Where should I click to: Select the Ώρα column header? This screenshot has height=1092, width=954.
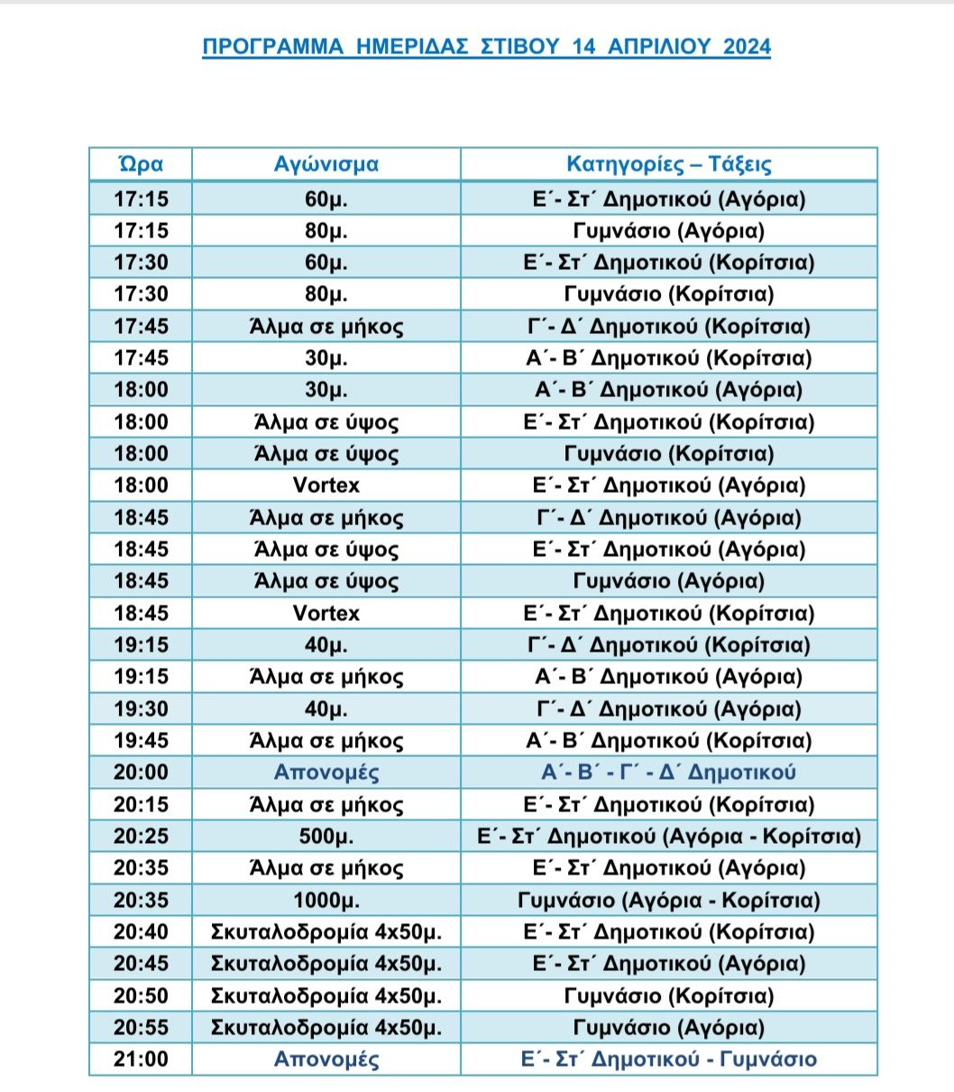141,164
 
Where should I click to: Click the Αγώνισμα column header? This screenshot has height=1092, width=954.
326,164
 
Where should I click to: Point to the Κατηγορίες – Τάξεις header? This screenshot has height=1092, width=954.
668,164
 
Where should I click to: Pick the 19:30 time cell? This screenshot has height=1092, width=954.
141,709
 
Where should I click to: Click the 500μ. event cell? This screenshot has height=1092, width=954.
326,837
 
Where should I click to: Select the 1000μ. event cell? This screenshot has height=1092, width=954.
326,901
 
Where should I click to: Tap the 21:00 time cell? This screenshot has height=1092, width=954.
141,1060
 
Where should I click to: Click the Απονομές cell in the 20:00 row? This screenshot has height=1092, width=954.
326,773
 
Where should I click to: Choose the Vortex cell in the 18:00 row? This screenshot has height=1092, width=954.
326,486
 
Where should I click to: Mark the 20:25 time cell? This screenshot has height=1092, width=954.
141,837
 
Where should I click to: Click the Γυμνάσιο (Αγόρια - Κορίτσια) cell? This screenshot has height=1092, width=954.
668,901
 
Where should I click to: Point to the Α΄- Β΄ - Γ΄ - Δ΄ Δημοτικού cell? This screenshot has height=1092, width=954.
668,773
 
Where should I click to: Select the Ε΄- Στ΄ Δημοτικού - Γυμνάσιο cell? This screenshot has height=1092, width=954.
668,1060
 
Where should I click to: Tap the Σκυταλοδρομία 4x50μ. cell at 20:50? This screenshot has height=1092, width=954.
326,996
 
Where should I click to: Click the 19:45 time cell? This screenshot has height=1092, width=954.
141,741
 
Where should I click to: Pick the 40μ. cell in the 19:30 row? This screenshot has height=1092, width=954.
326,709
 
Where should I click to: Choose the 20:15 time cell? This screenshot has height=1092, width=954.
141,805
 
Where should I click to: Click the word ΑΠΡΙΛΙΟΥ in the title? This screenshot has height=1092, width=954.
645,47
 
